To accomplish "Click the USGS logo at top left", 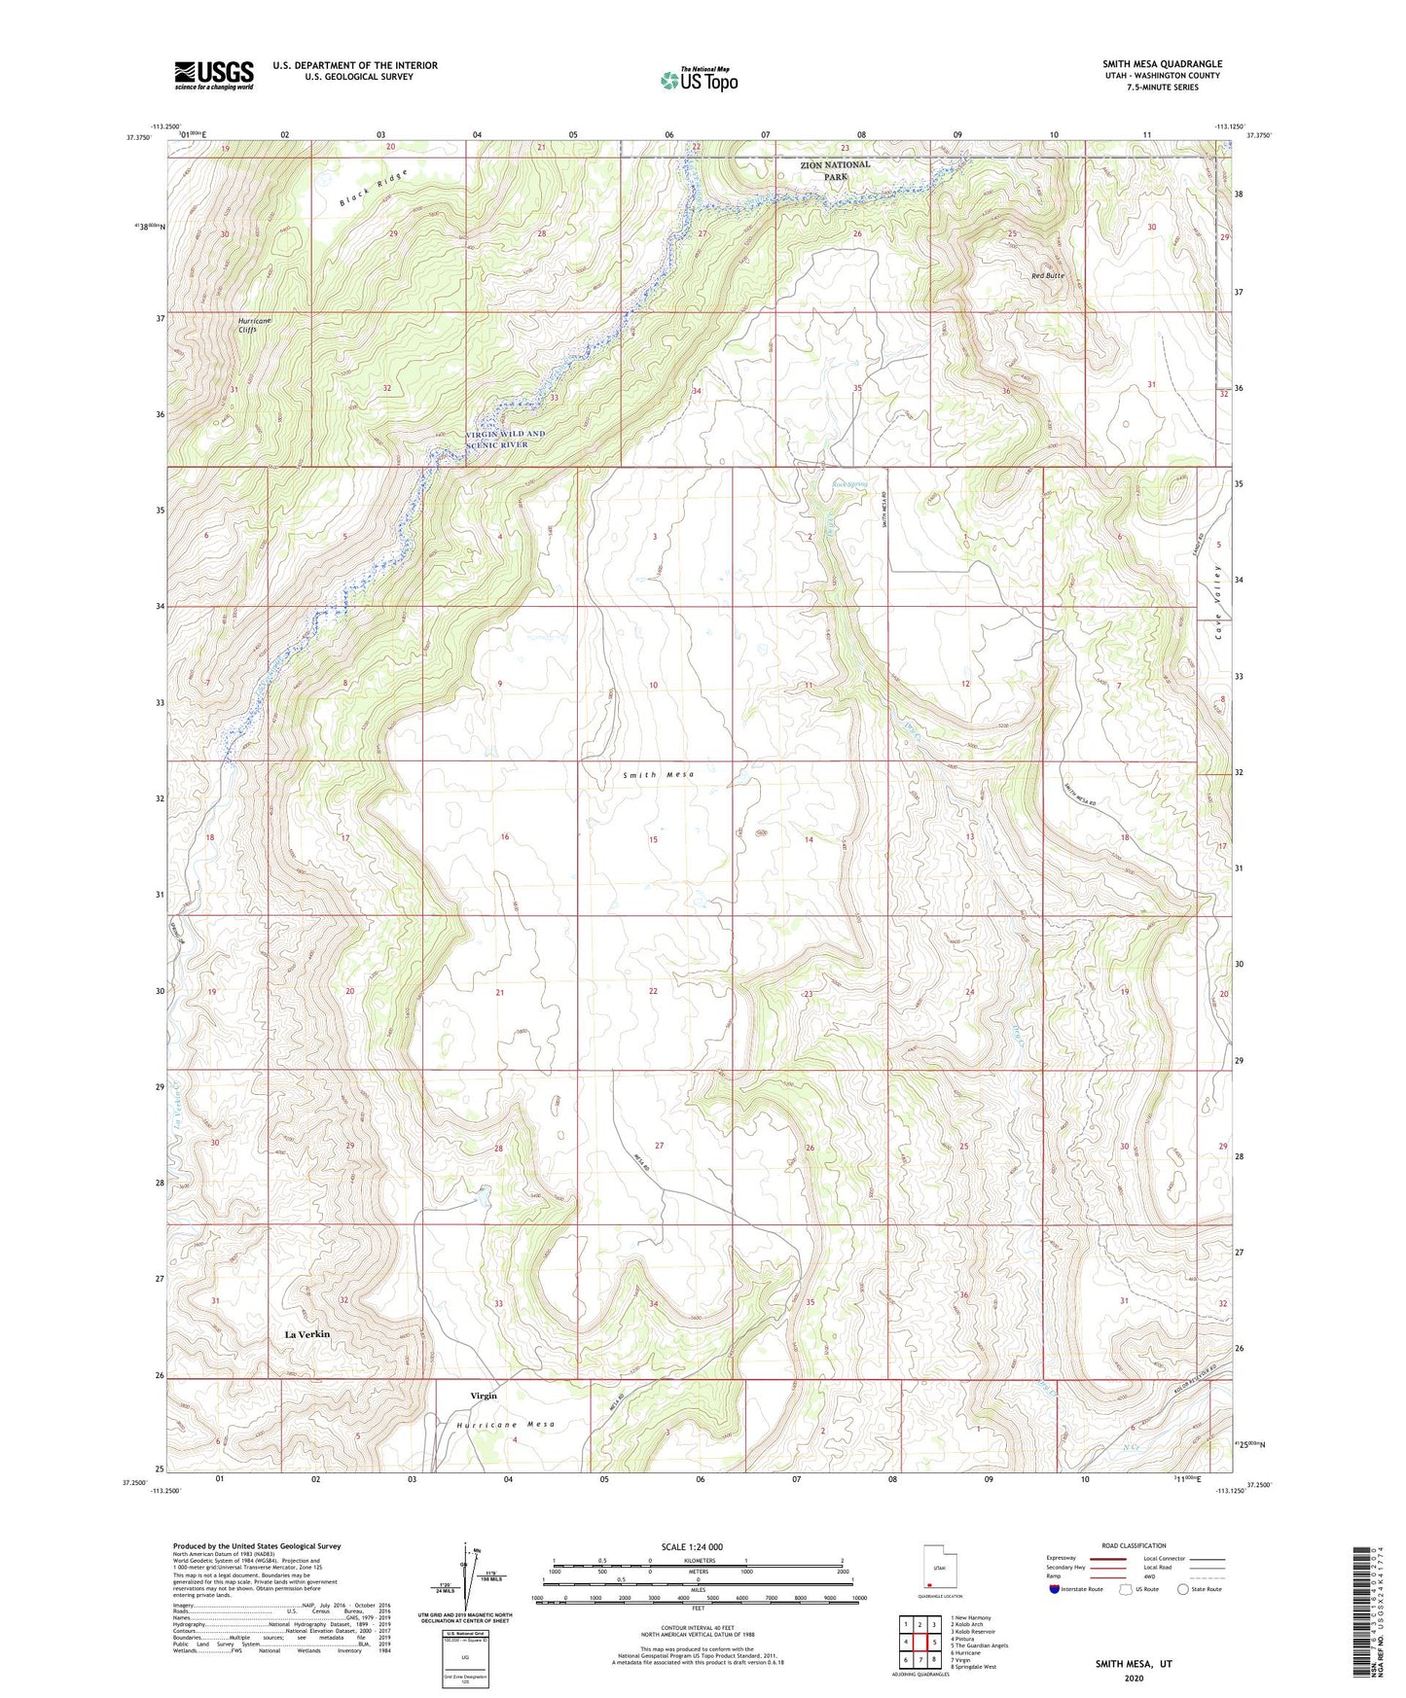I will tap(214, 74).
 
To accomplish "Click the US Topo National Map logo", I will tap(699, 80).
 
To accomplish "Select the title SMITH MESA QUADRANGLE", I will tap(1162, 63).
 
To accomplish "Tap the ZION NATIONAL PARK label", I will tap(835, 171).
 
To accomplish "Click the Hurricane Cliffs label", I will tap(255, 325).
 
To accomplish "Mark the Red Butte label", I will tap(1048, 276).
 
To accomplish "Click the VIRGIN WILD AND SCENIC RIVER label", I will tap(505, 439).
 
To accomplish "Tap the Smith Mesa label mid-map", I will tap(659, 774).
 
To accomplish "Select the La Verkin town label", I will tap(306, 1334).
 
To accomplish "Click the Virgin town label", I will tap(484, 1396).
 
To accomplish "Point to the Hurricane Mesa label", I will tap(506, 1425).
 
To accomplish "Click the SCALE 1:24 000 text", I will tap(692, 1547).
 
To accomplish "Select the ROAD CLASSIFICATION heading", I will tap(1133, 1545).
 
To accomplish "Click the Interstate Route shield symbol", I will tap(1055, 1589).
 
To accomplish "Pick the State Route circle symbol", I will tap(1183, 1589).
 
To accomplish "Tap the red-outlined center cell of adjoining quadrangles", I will tap(919, 1643).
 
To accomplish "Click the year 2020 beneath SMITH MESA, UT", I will tap(1133, 1679).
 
